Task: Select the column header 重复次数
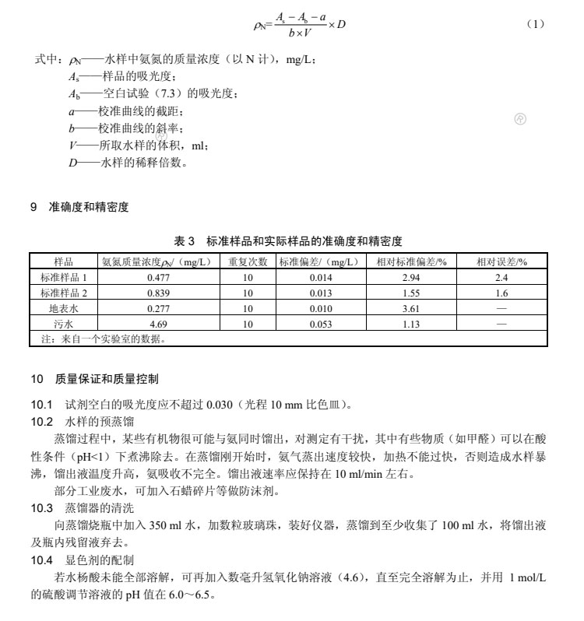pos(248,261)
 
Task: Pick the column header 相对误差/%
pos(501,261)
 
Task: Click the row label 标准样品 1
pos(64,277)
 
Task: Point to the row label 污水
pos(64,324)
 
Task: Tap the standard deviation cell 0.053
pos(321,324)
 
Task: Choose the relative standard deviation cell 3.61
pos(411,308)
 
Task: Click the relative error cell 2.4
pos(501,277)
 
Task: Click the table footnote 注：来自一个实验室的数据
pos(102,339)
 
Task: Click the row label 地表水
pos(64,308)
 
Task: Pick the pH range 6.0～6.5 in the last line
pos(181,595)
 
